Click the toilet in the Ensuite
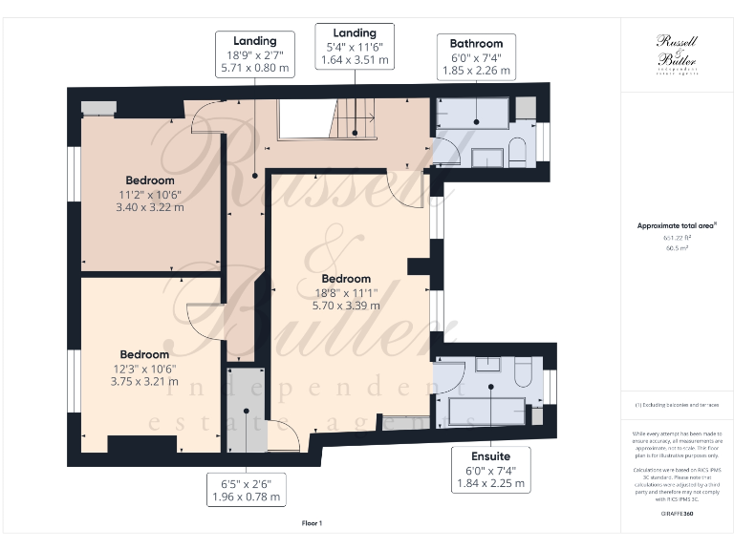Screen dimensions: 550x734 tap(523, 372)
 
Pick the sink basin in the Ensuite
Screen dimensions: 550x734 tap(487, 364)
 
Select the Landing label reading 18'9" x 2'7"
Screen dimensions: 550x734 tap(253, 54)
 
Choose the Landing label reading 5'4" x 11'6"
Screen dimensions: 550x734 tap(355, 46)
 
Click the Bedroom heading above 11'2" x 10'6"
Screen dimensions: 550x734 tap(150, 180)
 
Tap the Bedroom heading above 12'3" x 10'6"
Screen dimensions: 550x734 tap(144, 354)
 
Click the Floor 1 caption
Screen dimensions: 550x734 tap(313, 523)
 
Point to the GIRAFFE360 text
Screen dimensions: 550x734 tap(676, 514)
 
